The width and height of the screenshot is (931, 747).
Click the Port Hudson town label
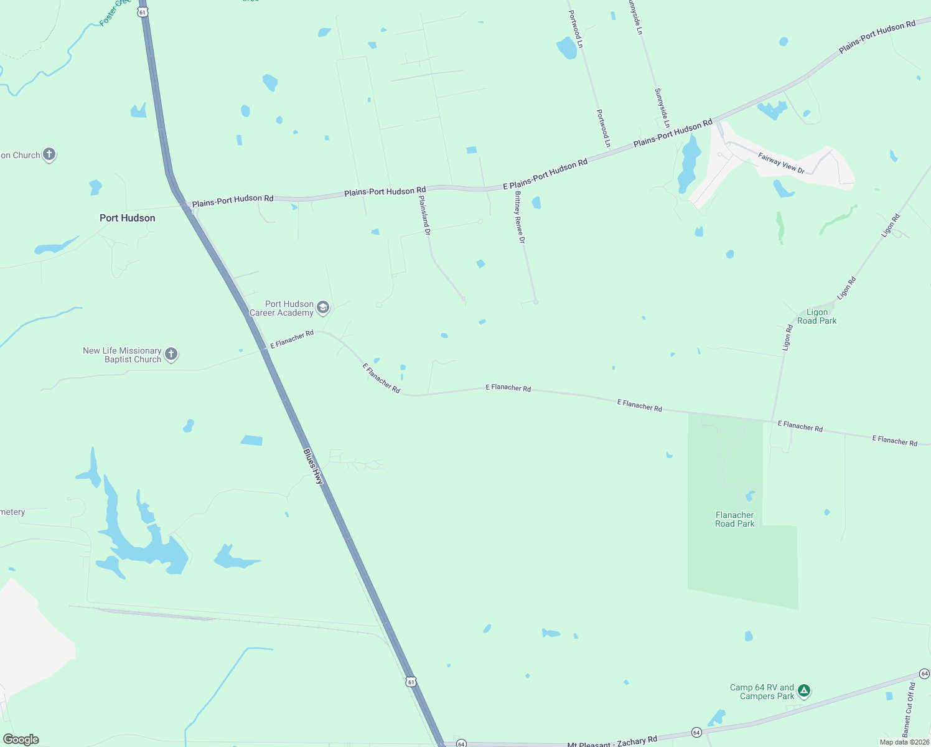128,218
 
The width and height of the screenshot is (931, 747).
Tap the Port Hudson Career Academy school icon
323,307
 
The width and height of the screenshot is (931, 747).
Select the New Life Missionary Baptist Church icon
171,354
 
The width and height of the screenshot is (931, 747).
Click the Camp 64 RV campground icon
804,690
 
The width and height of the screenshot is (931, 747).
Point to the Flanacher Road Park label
735,519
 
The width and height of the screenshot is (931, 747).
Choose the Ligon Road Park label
817,316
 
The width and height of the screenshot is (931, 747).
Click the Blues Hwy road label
314,466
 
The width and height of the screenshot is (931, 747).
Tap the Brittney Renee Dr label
520,217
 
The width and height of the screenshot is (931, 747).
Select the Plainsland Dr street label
425,215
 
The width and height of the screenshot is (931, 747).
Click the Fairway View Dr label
781,163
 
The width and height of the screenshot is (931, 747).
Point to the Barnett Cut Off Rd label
909,710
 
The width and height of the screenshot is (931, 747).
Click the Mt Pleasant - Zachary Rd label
612,741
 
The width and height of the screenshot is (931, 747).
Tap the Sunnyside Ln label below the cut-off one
662,108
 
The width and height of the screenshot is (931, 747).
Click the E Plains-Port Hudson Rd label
545,174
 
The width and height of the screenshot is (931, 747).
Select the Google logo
21,739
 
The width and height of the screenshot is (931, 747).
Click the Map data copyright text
904,742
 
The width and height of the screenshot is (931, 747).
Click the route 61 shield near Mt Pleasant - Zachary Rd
411,682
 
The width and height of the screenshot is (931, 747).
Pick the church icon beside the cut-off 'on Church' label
49,154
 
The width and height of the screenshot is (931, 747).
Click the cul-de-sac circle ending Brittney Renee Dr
536,302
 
